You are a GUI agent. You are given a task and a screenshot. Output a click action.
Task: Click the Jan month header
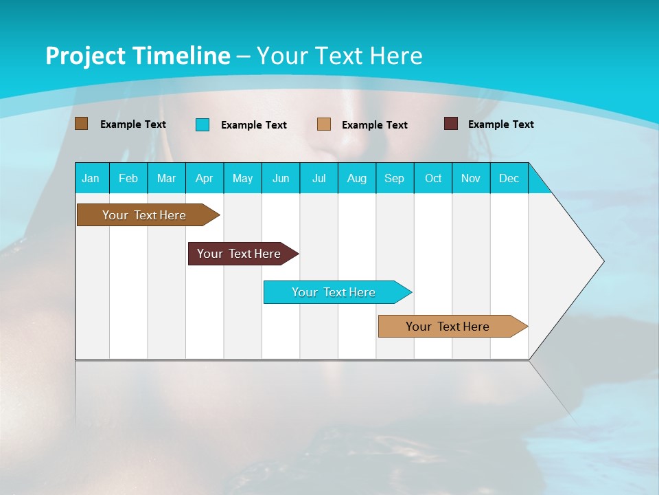pos(91,178)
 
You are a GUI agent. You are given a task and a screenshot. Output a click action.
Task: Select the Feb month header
pos(128,178)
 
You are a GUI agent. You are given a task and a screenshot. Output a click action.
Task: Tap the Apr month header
pos(205,178)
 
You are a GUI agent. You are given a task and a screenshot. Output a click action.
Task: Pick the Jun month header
pos(281,178)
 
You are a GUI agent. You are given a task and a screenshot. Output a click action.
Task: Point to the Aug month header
pos(357,178)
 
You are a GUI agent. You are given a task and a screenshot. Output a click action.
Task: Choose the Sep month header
pos(394,178)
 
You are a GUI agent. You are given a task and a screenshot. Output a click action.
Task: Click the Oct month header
pos(433,178)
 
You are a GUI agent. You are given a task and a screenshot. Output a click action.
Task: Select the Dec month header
pos(509,178)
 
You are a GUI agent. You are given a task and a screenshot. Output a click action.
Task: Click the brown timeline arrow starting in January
pos(145,215)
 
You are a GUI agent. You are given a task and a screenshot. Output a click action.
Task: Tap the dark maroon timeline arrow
pos(240,254)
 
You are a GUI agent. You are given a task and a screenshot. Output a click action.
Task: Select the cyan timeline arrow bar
pos(334,292)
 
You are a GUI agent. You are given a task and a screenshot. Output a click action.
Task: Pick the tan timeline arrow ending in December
pos(448,327)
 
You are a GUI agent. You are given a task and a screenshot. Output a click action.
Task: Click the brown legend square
pos(81,124)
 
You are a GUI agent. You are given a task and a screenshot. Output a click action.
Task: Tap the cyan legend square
pos(203,124)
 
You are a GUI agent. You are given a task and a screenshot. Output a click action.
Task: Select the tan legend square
pos(324,124)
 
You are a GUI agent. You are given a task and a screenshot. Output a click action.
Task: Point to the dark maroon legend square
pos(451,124)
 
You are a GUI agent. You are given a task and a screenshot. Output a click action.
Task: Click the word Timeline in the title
pos(181,56)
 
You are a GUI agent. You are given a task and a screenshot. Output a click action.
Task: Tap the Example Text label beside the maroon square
pos(500,124)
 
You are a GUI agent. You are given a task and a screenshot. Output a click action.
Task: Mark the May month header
pos(242,178)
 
